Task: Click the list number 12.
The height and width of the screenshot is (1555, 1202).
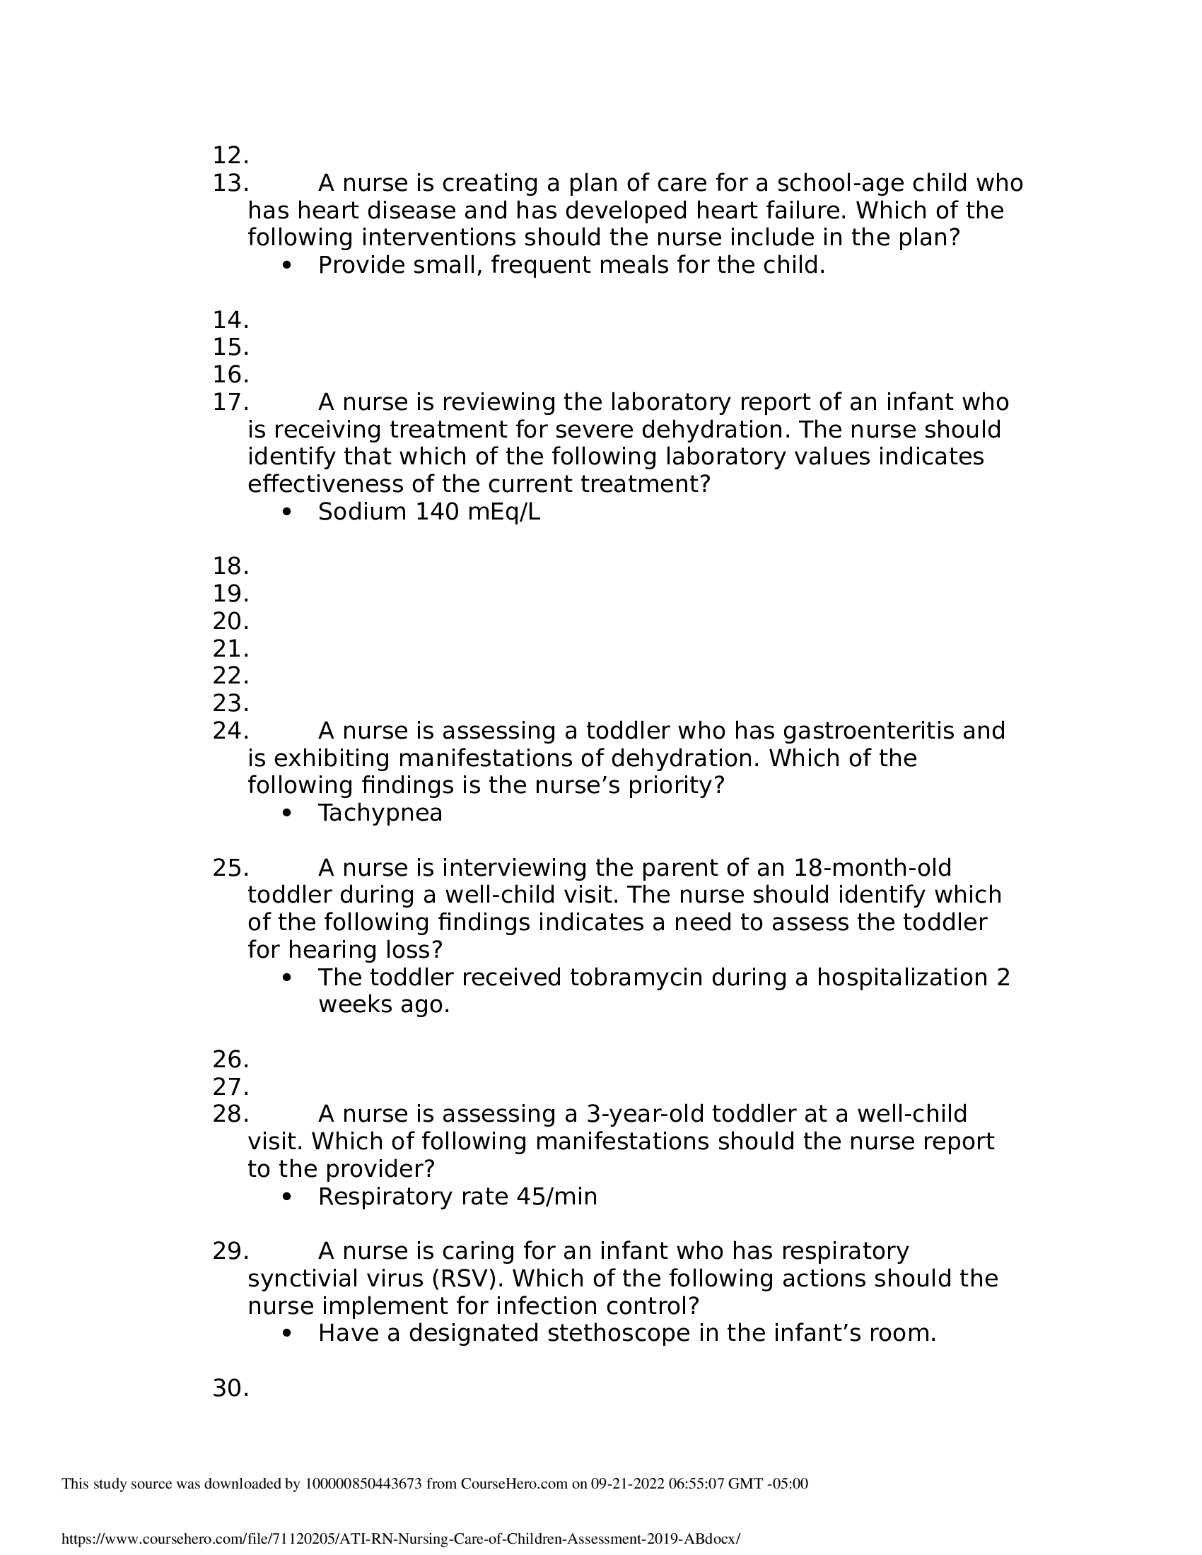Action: (230, 155)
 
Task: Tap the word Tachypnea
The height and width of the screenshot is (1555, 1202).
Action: (380, 813)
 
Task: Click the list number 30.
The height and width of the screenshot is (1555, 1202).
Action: (230, 1388)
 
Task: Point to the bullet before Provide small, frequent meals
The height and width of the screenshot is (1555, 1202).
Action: (287, 266)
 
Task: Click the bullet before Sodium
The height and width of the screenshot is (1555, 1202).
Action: (287, 512)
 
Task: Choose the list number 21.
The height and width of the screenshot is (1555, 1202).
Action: (230, 650)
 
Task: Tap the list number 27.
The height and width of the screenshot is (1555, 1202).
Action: (230, 1087)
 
